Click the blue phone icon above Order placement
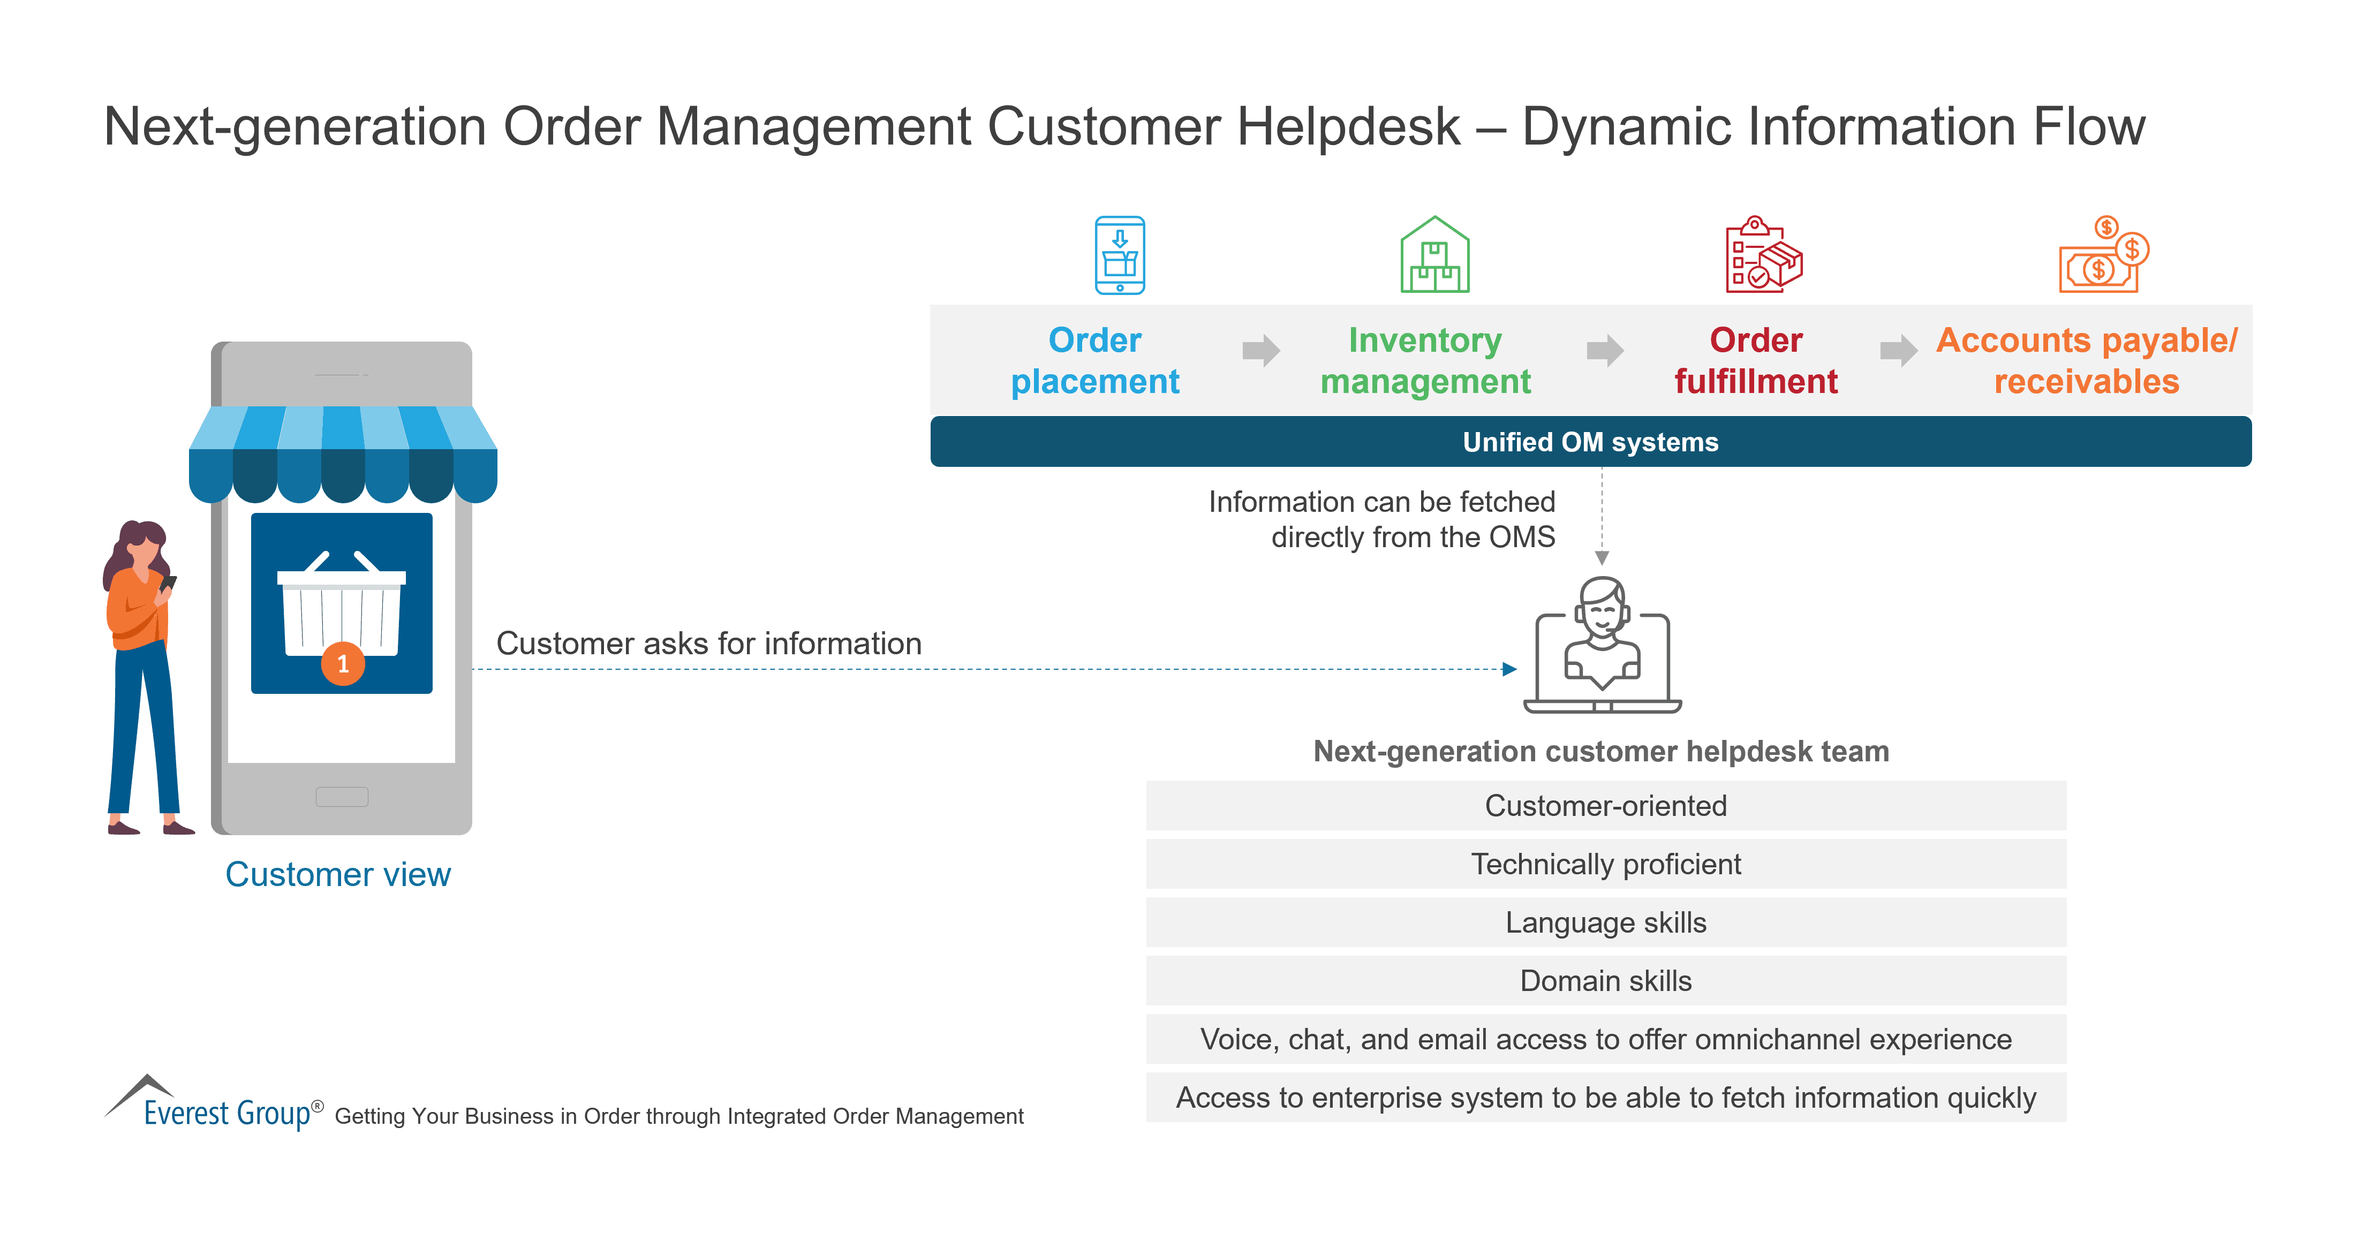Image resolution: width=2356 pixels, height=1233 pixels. pyautogui.click(x=1120, y=255)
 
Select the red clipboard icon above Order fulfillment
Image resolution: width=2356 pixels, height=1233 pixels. pyautogui.click(x=1762, y=255)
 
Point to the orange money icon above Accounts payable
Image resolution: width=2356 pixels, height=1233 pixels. pyautogui.click(x=2102, y=255)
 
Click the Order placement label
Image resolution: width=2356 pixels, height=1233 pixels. pyautogui.click(x=1095, y=360)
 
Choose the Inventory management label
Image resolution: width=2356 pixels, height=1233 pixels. pyautogui.click(x=1425, y=360)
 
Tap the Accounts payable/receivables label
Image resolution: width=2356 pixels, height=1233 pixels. pyautogui.click(x=2086, y=360)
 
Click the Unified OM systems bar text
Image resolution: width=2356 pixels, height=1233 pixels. pyautogui.click(x=1590, y=442)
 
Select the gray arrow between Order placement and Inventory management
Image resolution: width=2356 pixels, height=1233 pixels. pyautogui.click(x=1260, y=350)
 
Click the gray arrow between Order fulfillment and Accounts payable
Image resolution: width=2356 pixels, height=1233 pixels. pyautogui.click(x=1898, y=350)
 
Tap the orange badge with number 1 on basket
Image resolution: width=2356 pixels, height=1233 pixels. pyautogui.click(x=343, y=663)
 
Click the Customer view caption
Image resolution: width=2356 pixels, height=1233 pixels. pyautogui.click(x=337, y=874)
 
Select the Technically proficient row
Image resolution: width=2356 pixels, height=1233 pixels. pyautogui.click(x=1605, y=864)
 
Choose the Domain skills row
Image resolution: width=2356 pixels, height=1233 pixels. pyautogui.click(x=1605, y=980)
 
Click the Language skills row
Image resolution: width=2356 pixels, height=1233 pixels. pyautogui.click(x=1605, y=922)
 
